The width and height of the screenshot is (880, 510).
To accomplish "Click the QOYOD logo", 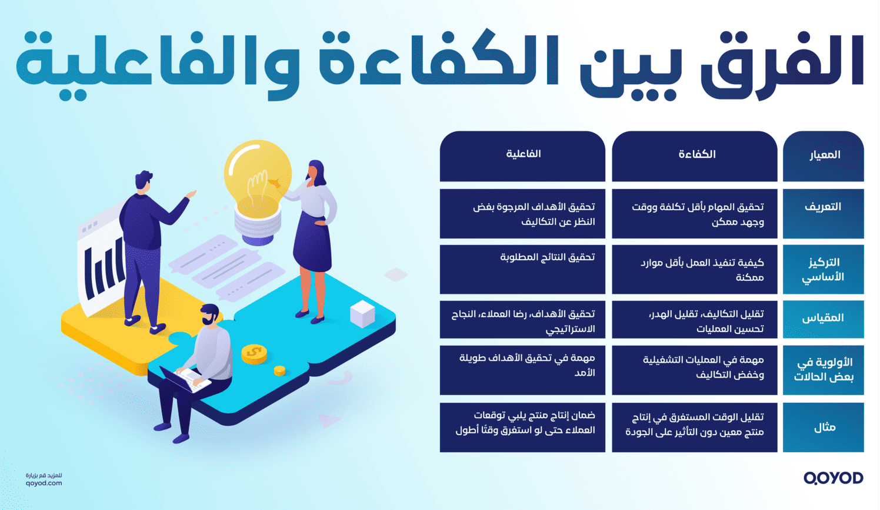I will pos(833,478).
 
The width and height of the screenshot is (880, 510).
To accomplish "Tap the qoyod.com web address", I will pos(44,483).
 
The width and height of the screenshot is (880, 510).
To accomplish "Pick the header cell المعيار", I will pos(825,155).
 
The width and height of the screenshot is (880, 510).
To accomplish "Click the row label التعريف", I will pos(823,207).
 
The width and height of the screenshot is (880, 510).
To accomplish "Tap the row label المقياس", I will pos(823,318).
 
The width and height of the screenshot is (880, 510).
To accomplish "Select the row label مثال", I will pos(824,428).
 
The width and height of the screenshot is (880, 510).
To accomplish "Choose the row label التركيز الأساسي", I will pos(823,269).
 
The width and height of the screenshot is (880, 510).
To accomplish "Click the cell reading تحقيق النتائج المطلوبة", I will pos(547,257).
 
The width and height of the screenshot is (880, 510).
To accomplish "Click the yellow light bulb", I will pos(258,177).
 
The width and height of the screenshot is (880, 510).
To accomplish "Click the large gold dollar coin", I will pos(254,353).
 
